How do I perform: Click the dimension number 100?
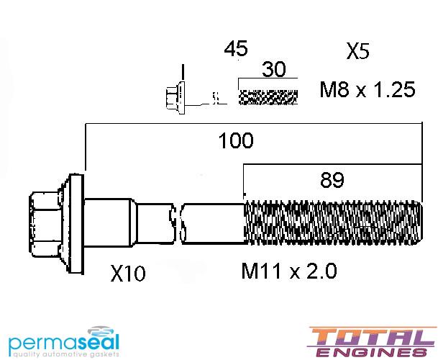[236, 140]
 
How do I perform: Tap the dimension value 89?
[332, 180]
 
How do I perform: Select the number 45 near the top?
[236, 48]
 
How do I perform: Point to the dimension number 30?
[274, 69]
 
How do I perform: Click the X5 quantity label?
[358, 51]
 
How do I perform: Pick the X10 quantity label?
[128, 274]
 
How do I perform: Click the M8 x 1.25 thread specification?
[368, 89]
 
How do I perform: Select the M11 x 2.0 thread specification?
[289, 271]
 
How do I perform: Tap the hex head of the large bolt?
[46, 224]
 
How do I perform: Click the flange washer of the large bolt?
[76, 224]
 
